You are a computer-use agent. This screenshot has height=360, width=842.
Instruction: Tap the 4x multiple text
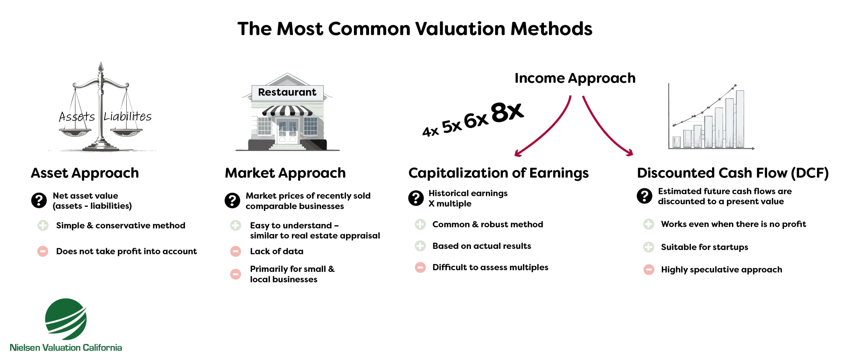coord(430,132)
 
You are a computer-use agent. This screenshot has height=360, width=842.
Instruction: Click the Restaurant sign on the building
coord(287,92)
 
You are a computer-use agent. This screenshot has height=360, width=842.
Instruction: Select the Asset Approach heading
coord(85,173)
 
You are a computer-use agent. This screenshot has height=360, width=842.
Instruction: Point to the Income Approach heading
coord(575,78)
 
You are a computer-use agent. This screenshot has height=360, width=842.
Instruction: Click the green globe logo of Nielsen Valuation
coord(66,319)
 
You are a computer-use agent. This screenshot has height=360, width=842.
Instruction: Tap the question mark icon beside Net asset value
coord(39,200)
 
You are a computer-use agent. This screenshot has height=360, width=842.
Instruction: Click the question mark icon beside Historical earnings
coord(416,198)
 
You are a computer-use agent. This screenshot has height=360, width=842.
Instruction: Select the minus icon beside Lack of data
coord(235,251)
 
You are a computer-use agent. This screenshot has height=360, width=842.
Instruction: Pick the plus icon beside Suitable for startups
coord(649,247)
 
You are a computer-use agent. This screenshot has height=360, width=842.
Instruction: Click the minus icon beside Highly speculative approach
coord(649,270)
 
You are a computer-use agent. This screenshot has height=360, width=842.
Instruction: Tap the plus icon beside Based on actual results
coord(420,246)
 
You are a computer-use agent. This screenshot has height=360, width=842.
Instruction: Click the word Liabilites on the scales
coord(128,116)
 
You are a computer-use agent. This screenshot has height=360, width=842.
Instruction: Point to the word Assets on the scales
coord(77,117)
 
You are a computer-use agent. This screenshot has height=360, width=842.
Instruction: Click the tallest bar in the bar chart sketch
coord(740,119)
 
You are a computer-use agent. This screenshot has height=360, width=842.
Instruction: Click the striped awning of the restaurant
coord(287,111)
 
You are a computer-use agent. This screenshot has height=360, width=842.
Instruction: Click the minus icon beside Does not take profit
coord(43,251)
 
